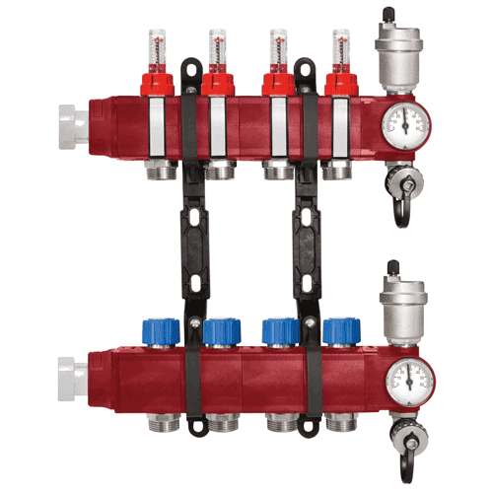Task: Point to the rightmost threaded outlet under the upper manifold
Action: (340, 171)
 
